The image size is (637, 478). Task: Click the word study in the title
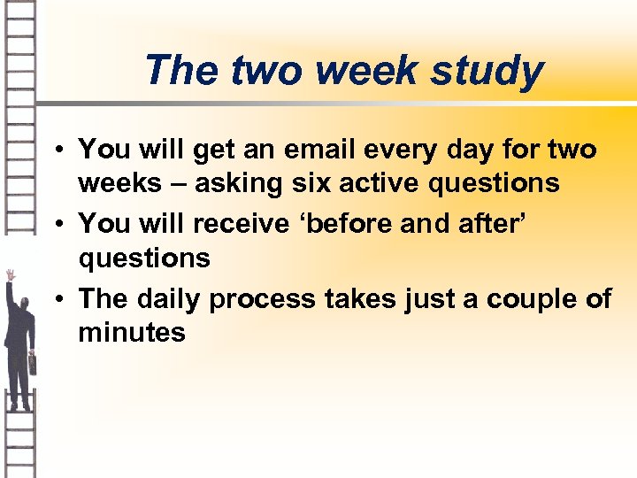point(487,71)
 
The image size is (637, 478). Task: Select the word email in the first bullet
point(342,150)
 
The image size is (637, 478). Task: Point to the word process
point(262,299)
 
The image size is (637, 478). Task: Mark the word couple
point(531,299)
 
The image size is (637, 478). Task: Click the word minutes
point(132,333)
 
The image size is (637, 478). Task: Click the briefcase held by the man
point(34,362)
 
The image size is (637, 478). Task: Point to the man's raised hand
point(11,275)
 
